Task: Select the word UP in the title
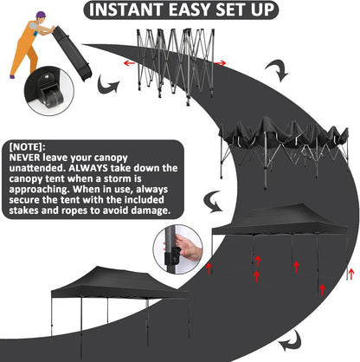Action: pyautogui.click(x=262, y=10)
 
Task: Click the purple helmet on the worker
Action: pyautogui.click(x=41, y=15)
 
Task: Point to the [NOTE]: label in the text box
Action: pyautogui.click(x=27, y=147)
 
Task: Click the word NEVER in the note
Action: pyautogui.click(x=24, y=158)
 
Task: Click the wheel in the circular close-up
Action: pyautogui.click(x=54, y=97)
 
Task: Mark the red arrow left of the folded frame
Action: pyautogui.click(x=129, y=63)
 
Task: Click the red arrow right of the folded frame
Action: pyautogui.click(x=220, y=63)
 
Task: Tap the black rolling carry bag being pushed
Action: pyautogui.click(x=72, y=53)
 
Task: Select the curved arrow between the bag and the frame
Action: pyautogui.click(x=107, y=85)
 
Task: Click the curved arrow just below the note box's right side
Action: pyautogui.click(x=213, y=201)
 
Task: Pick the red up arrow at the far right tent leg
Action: pyautogui.click(x=351, y=274)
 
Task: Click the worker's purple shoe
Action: pyautogui.click(x=12, y=77)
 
